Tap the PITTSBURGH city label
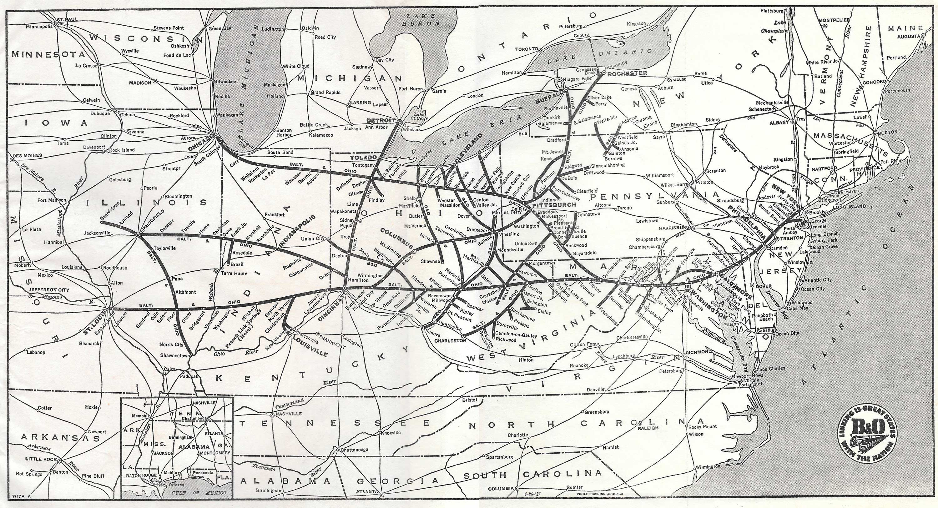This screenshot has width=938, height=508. point(554,205)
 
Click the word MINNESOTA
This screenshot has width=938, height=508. point(48,55)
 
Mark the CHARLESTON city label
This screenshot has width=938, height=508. point(450,341)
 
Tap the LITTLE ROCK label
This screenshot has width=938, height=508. point(41,459)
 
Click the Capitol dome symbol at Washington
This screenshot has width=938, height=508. point(688,283)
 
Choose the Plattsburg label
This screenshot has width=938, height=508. point(772,11)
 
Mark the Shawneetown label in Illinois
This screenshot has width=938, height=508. point(174,355)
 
